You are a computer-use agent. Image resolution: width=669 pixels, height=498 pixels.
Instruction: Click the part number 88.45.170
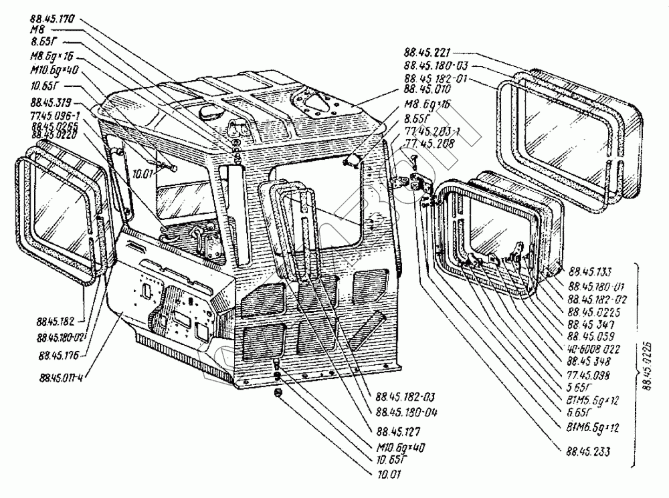pos(51,19)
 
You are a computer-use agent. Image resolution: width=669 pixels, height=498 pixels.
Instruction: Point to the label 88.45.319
pos(51,103)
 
